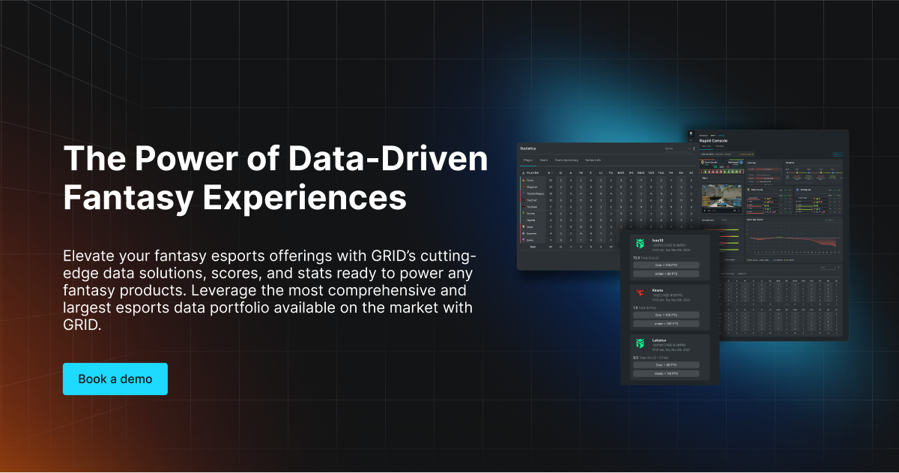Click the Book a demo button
coord(115,379)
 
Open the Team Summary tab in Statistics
coord(567,160)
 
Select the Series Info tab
coord(593,160)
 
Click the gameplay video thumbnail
coord(720,195)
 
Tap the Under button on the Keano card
coord(666,324)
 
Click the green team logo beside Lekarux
coord(640,343)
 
